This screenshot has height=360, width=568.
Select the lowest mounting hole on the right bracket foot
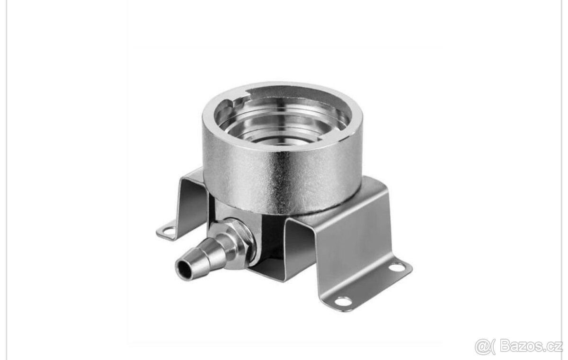(x=342, y=301)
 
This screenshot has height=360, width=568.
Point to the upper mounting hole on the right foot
(x=397, y=267)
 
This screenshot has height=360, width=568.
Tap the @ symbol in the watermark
(x=482, y=347)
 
